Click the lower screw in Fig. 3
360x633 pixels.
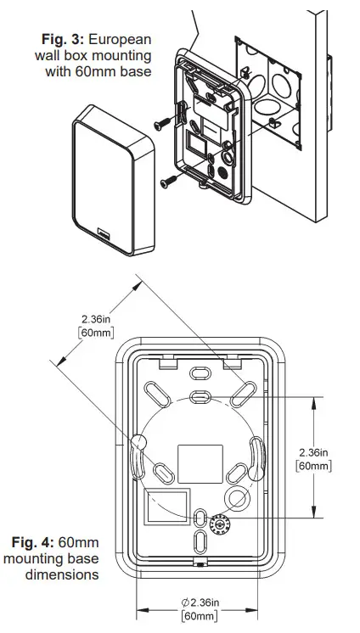click(168, 180)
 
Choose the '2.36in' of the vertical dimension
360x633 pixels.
click(313, 451)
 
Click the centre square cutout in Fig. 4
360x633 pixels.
click(194, 459)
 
